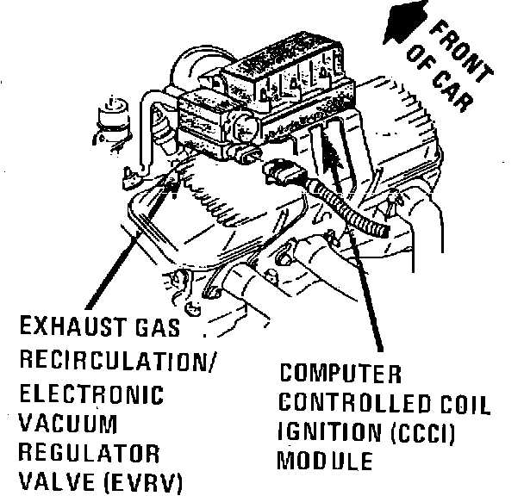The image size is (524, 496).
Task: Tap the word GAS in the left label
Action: [x=158, y=326]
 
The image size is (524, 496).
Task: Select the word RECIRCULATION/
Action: [x=118, y=361]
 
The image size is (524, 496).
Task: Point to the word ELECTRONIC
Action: [x=91, y=394]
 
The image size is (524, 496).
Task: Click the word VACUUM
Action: [x=67, y=424]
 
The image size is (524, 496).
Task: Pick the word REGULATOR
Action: [x=89, y=453]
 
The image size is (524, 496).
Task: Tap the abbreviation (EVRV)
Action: [x=143, y=482]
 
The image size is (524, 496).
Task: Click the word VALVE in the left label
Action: [x=57, y=482]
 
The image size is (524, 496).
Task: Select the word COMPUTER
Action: [x=340, y=374]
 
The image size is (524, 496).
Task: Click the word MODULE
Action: [x=325, y=461]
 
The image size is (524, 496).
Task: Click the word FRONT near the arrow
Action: [x=460, y=51]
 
